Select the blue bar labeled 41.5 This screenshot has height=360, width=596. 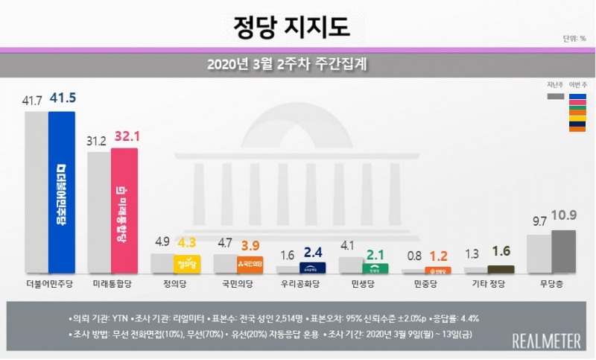(x=61, y=194)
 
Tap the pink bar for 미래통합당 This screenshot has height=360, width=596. (x=124, y=212)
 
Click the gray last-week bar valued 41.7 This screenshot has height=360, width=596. (x=36, y=194)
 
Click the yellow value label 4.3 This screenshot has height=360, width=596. (x=186, y=243)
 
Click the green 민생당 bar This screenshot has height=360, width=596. (x=374, y=268)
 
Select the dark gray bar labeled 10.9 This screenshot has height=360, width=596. (x=562, y=252)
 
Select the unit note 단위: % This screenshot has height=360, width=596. (x=572, y=40)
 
